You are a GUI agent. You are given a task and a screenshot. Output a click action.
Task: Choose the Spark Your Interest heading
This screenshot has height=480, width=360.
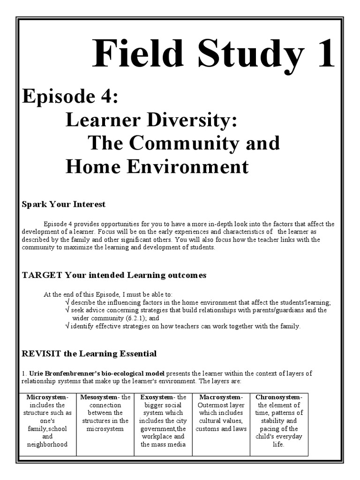coord(64,204)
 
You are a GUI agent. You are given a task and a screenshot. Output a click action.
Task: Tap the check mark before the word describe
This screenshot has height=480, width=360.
coord(68,302)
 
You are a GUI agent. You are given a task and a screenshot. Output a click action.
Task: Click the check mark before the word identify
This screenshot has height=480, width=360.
coord(68,326)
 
